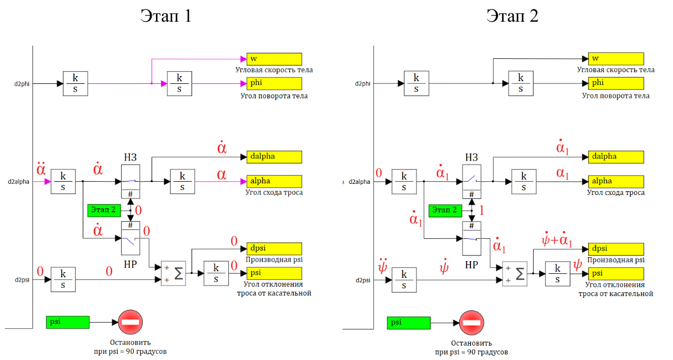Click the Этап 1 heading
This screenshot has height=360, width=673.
166,16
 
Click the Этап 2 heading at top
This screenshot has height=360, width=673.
513,16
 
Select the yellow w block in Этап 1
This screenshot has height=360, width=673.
274,59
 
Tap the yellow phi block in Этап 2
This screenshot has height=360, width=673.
616,83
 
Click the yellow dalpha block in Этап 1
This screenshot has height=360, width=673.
274,157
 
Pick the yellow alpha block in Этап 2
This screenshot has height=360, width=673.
616,182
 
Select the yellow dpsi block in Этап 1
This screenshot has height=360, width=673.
274,249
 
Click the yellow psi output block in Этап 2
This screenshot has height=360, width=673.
616,274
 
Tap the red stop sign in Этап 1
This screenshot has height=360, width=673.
130,322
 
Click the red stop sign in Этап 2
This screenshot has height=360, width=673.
471,323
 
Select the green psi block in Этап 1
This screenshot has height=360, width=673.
68,322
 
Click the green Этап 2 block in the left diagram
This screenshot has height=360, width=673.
104,211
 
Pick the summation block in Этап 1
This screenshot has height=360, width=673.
173,273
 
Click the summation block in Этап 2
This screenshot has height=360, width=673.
515,274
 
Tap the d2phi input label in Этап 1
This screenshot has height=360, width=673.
22,84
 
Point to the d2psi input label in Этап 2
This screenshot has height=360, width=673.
363,281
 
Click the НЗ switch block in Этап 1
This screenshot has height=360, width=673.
130,182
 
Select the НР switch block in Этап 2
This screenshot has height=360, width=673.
471,238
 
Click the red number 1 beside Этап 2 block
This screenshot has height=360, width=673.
481,211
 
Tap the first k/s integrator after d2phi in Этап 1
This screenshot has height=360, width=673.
76,83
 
